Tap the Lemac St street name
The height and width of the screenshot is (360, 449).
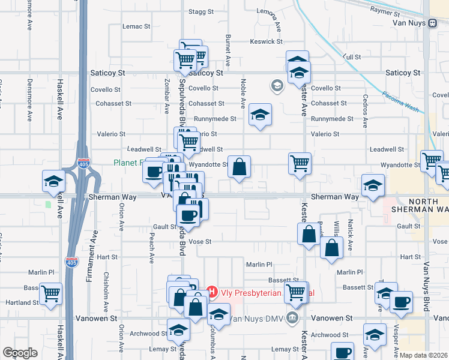click(136, 26)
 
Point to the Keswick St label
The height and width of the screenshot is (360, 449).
click(267, 41)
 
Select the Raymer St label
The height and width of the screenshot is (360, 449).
click(385, 11)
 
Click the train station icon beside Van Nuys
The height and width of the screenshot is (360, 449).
click(432, 23)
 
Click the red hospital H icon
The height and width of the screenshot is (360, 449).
click(211, 292)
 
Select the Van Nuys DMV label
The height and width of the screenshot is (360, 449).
click(258, 318)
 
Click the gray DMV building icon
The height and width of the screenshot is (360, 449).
click(292, 317)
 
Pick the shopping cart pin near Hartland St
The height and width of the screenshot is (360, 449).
click(51, 293)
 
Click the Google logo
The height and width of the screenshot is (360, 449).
click(20, 353)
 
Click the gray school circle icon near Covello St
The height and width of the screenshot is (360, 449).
click(277, 86)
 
